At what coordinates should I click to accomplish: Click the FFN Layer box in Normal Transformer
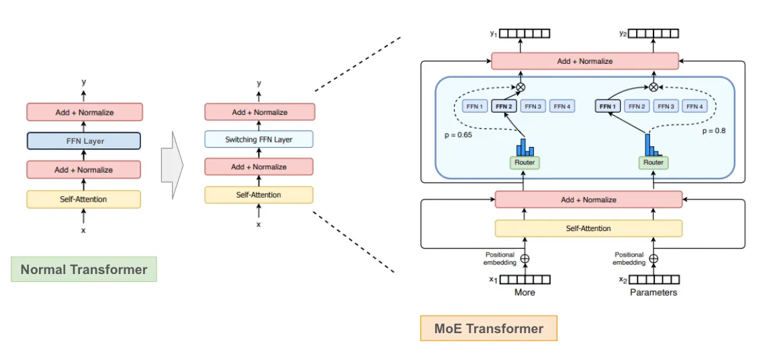click(x=84, y=141)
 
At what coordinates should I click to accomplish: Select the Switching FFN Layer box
click(x=259, y=140)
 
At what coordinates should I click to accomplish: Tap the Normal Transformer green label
click(x=84, y=269)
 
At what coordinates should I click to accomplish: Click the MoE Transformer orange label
click(x=489, y=328)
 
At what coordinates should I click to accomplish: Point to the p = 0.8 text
click(x=714, y=131)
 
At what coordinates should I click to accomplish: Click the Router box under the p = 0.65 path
click(x=525, y=162)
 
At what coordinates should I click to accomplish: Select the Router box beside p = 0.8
click(x=653, y=162)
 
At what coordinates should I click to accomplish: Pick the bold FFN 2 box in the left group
click(x=503, y=106)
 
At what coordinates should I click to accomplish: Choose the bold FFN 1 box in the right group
click(x=608, y=106)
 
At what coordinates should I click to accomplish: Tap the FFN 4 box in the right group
click(x=694, y=106)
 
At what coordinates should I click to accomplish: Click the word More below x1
click(x=525, y=292)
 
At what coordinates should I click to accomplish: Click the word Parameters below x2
click(x=653, y=292)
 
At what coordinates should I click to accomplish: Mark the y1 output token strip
click(x=525, y=33)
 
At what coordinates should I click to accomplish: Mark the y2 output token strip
click(x=653, y=33)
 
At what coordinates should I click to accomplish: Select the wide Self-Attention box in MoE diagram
click(x=588, y=228)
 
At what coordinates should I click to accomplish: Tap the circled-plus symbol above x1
click(x=525, y=258)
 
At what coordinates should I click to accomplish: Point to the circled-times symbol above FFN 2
click(x=520, y=87)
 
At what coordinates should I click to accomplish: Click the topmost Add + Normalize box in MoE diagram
click(x=585, y=61)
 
